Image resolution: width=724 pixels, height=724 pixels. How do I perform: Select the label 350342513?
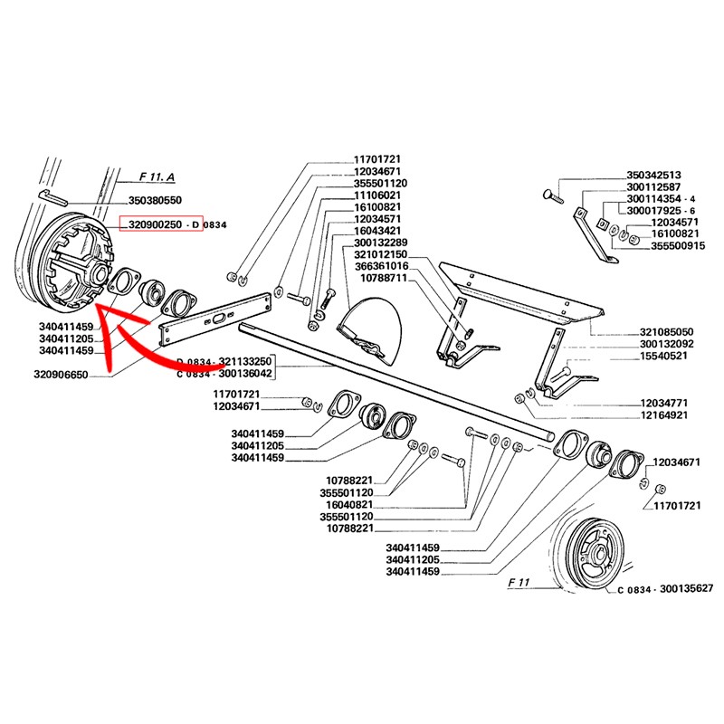pyautogui.click(x=653, y=176)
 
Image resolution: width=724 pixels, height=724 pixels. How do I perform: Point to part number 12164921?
pyautogui.click(x=666, y=414)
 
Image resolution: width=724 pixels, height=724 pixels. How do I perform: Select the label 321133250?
pyautogui.click(x=244, y=361)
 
